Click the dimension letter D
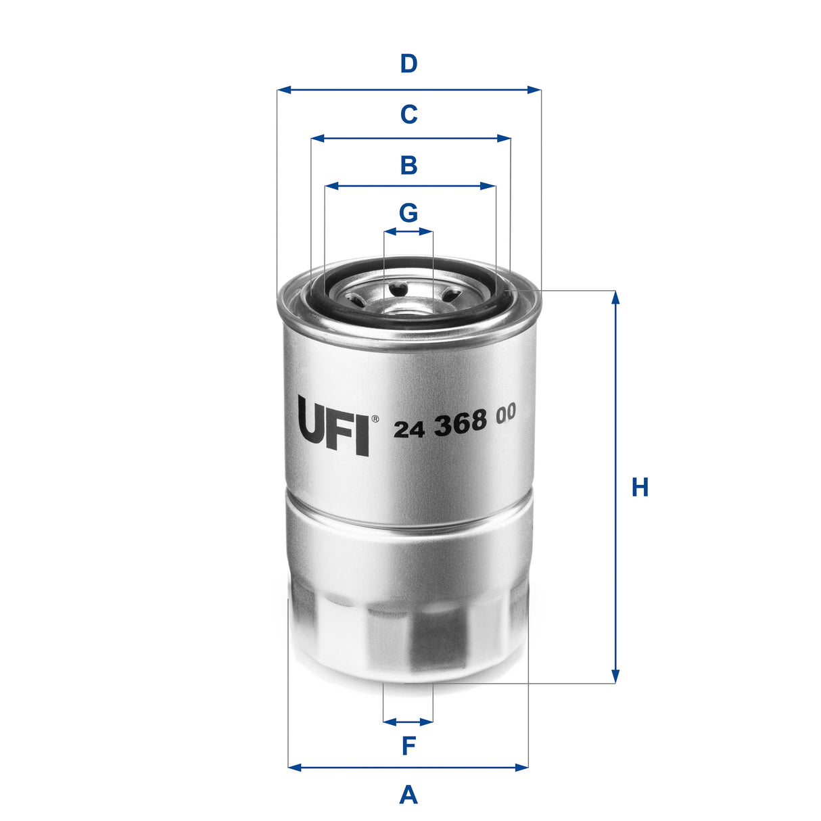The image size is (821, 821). (x=408, y=64)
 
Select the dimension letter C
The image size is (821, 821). (x=408, y=114)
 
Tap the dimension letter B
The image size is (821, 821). (x=408, y=165)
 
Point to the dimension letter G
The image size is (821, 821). (x=408, y=213)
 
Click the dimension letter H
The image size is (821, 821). (x=640, y=487)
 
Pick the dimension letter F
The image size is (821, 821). (x=408, y=747)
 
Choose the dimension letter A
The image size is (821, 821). (x=408, y=794)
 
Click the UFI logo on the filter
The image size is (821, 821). (x=333, y=425)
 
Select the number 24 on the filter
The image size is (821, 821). (x=409, y=429)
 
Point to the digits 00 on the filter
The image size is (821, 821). (x=505, y=413)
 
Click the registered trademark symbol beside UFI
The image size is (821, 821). (x=375, y=419)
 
